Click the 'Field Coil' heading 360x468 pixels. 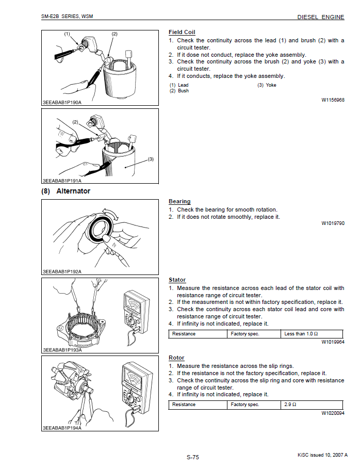pos(182,33)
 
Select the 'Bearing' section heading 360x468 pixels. pos(179,202)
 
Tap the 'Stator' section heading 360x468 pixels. pos(177,280)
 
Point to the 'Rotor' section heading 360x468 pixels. pos(176,358)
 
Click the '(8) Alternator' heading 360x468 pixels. pos(66,191)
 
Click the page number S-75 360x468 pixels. pos(193,457)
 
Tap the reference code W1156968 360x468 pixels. pos(333,100)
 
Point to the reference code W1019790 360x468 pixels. pos(333,223)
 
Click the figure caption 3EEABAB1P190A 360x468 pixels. pos(62,102)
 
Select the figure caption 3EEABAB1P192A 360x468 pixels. pos(62,271)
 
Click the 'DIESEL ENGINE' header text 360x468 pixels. pos(320,17)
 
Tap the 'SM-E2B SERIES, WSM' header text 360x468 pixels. pos(67,17)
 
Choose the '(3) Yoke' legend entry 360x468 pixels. pos(267,85)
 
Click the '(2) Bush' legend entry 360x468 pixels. pos(179,91)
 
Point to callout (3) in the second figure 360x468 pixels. pos(151,159)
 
